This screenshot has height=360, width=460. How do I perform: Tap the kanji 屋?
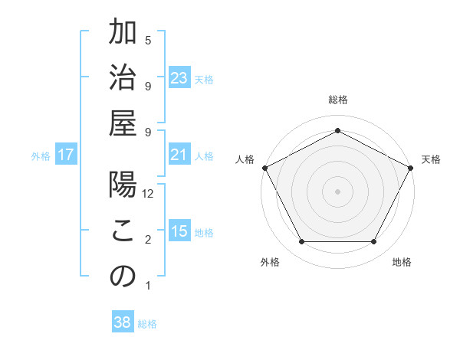coord(123,125)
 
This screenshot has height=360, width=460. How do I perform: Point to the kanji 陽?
coord(123,186)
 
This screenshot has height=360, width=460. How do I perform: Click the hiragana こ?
coord(123,231)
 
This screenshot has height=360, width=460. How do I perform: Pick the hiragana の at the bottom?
coord(123,277)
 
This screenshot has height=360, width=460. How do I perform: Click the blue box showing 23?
coord(179,78)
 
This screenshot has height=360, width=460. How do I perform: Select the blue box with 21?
coord(179,155)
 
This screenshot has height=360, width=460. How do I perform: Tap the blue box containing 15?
coord(179,232)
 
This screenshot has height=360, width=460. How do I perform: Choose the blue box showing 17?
coord(66,155)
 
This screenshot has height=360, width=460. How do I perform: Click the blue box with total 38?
coord(122,322)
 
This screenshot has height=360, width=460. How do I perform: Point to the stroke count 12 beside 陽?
coord(149,194)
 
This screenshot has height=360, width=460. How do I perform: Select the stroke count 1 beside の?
coord(148,286)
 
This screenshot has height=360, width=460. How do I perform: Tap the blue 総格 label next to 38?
coord(147,324)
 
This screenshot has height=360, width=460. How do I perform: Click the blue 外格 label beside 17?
coord(41,156)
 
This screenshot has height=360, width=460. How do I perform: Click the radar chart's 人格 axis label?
coord(245,159)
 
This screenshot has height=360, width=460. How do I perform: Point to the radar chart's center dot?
coord(337,191)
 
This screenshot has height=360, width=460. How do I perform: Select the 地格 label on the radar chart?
coord(402,262)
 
